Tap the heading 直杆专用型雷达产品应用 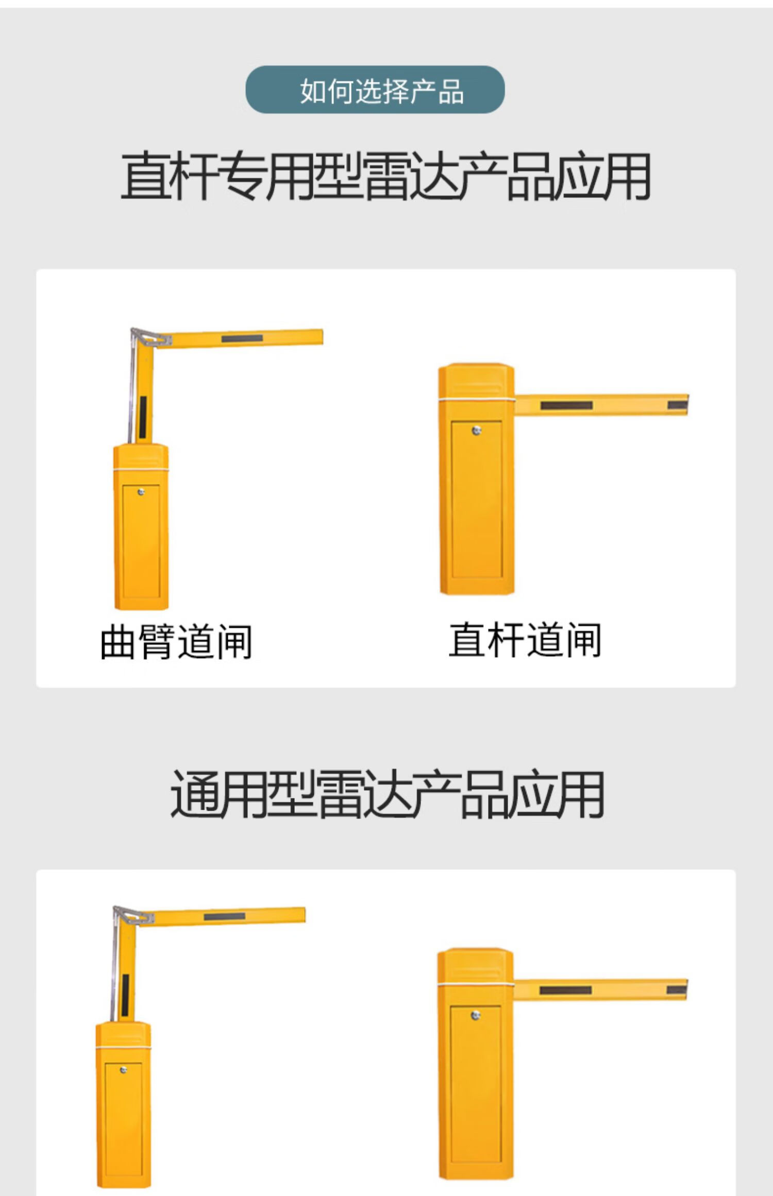(x=385, y=176)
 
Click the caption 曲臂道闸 (x=176, y=641)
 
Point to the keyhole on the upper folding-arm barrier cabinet (x=141, y=492)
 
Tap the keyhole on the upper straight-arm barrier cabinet (x=477, y=431)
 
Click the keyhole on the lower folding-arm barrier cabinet (x=123, y=1070)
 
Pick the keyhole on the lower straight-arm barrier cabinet (x=476, y=1015)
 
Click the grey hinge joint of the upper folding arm (x=150, y=338)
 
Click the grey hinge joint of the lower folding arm (x=133, y=917)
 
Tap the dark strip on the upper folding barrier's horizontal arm (x=242, y=338)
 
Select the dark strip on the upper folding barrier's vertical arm (x=143, y=417)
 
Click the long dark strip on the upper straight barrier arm (x=566, y=405)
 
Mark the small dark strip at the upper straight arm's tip (x=677, y=405)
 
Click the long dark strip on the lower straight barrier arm (x=565, y=990)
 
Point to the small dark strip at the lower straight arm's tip (x=676, y=990)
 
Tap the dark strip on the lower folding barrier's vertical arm (x=125, y=995)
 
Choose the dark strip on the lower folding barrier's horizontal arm (x=224, y=917)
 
